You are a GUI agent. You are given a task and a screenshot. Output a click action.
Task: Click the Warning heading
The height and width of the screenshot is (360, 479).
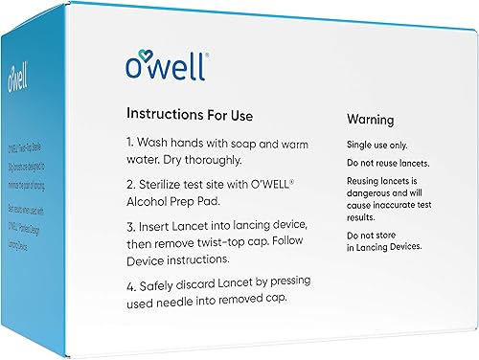[374, 121]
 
